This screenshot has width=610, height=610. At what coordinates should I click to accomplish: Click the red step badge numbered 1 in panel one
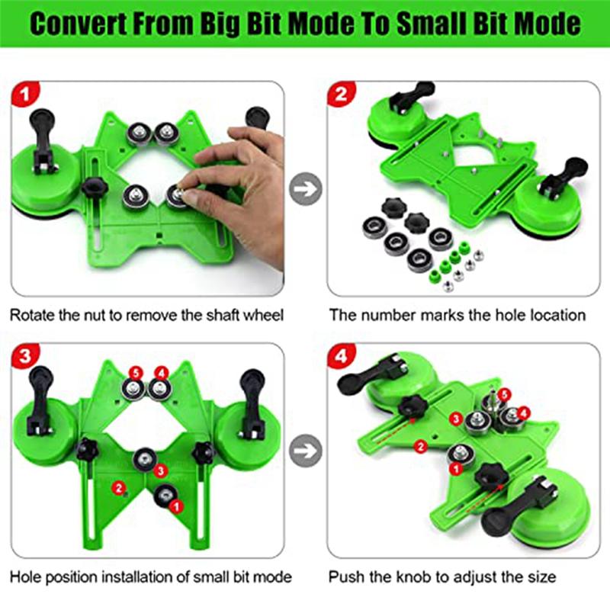click(26, 96)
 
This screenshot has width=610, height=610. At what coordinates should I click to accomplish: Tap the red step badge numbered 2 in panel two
click(341, 96)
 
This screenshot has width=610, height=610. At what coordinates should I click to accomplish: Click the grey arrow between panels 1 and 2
click(306, 188)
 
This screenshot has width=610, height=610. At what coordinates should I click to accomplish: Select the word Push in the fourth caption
click(345, 576)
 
